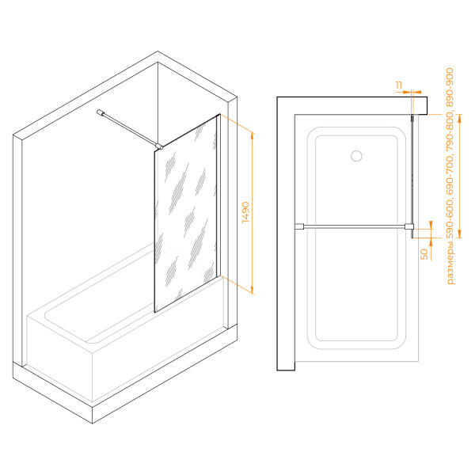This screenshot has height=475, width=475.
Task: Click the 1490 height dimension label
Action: [245, 212]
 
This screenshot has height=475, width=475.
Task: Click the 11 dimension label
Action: [399, 85]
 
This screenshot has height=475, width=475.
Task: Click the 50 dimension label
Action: [424, 254]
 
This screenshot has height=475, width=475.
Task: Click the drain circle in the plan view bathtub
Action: [356, 156]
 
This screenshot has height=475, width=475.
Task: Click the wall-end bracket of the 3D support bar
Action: [101, 112]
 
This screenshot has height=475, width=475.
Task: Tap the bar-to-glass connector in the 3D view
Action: [159, 147]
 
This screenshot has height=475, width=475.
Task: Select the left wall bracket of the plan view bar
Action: [299, 226]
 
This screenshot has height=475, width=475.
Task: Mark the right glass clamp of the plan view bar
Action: [409, 226]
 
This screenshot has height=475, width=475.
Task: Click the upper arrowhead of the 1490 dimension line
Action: [253, 136]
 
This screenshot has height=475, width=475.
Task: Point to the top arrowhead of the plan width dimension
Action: [459, 119]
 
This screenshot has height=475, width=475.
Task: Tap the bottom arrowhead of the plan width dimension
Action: [459, 234]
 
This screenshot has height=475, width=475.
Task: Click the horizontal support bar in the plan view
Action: [354, 226]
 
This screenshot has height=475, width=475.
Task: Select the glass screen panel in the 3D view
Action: [186, 214]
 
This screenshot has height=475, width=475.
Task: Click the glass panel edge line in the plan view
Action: [412, 177]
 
